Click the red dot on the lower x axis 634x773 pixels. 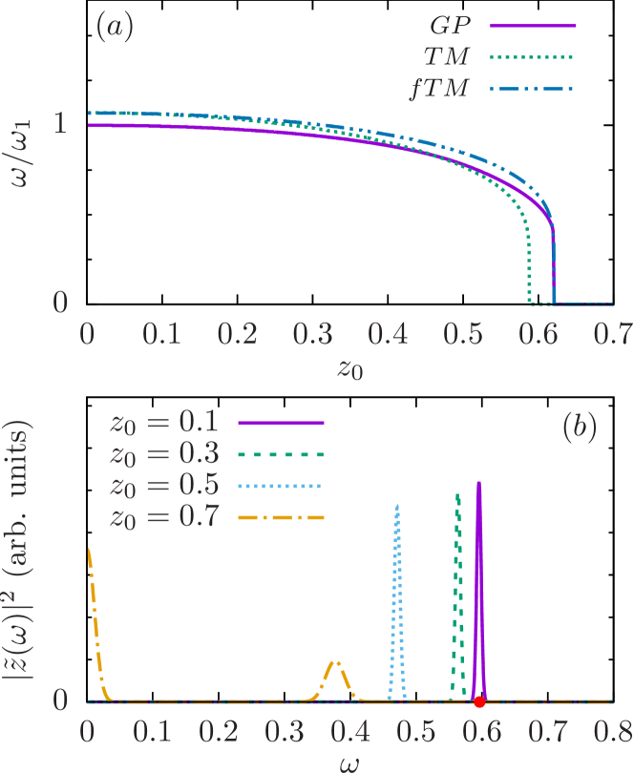[x=479, y=701]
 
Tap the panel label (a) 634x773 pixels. [x=115, y=28]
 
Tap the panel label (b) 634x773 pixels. [x=580, y=428]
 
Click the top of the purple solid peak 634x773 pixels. [x=479, y=483]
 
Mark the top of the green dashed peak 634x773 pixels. [x=458, y=494]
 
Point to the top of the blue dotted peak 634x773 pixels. [x=397, y=505]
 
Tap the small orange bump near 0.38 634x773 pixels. [x=336, y=661]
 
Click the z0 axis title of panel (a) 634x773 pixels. [x=349, y=368]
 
